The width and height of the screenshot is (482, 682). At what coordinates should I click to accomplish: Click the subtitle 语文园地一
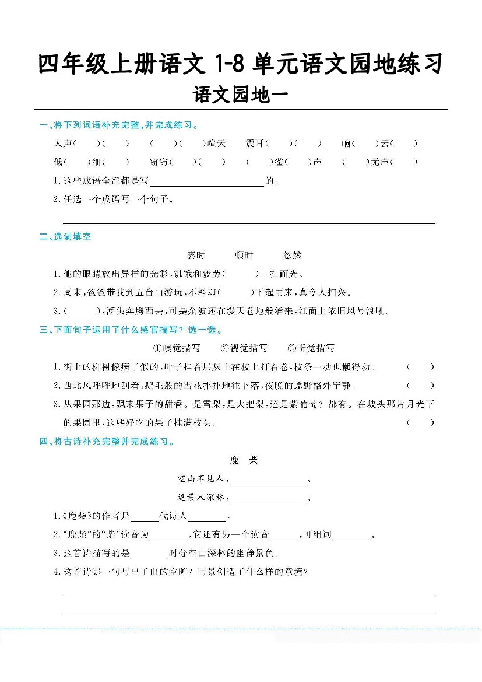click(x=240, y=95)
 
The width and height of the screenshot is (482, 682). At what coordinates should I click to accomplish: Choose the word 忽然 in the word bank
click(x=292, y=255)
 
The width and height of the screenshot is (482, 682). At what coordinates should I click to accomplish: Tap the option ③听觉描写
click(x=311, y=348)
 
